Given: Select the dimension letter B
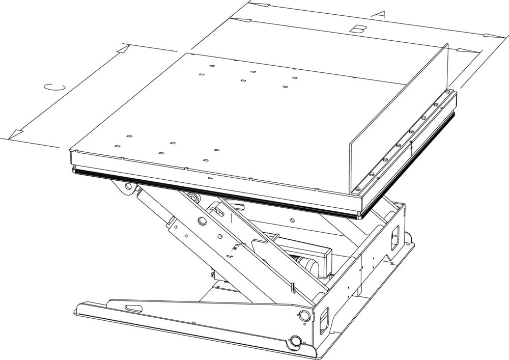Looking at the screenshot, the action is click(357, 30).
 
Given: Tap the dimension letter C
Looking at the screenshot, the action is click(54, 88).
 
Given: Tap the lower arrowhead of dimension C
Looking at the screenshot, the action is click(16, 134).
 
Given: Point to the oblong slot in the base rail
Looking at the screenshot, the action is click(134, 308).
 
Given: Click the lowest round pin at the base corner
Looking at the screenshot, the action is click(296, 341).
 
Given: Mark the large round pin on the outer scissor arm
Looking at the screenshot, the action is click(202, 221).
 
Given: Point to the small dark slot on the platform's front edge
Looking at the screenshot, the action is click(210, 179).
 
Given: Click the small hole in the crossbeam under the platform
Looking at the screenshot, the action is click(293, 220).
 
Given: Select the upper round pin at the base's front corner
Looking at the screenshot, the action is click(304, 315).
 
